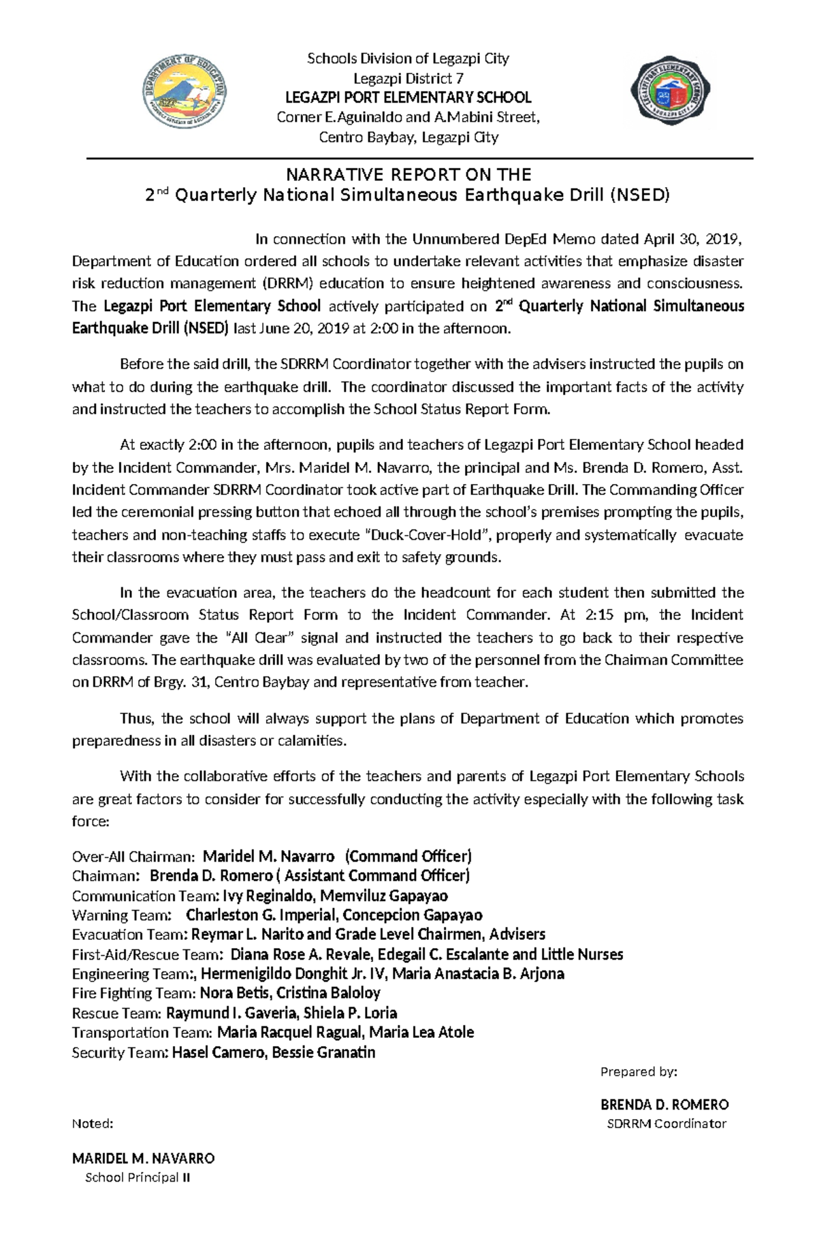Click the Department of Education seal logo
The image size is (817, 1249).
click(184, 95)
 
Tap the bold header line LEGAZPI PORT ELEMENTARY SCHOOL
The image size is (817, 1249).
click(408, 97)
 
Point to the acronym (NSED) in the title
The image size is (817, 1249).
click(639, 196)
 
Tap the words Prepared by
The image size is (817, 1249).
click(638, 1073)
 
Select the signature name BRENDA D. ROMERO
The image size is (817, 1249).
click(664, 1105)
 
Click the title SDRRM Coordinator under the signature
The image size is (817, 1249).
click(667, 1124)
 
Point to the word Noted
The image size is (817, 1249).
click(93, 1124)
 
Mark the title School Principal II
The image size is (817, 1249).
click(137, 1178)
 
